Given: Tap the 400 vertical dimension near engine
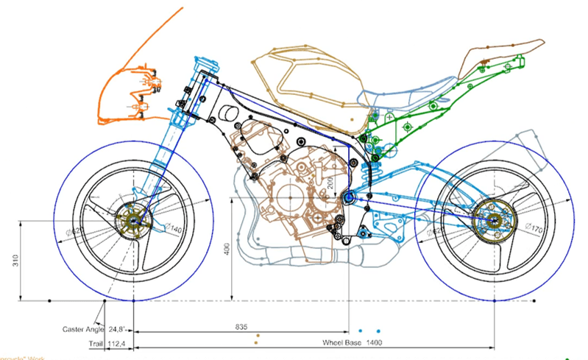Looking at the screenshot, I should point(228,250).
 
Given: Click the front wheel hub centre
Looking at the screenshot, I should point(133,220).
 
